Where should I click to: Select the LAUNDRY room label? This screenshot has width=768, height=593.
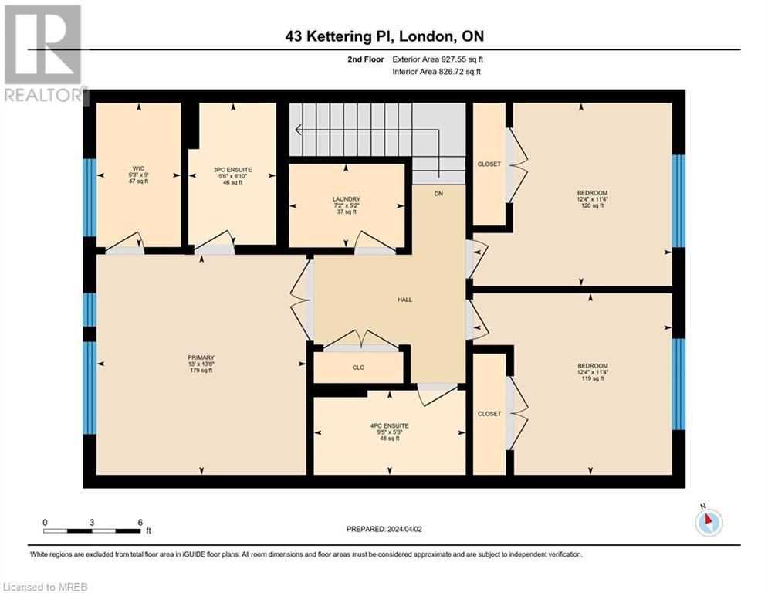[346, 199]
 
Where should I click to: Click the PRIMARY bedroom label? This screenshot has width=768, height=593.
[201, 357]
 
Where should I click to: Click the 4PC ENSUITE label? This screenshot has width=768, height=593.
[390, 425]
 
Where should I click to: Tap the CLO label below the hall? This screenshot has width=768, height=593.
[358, 368]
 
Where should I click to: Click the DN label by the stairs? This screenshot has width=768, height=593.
[438, 193]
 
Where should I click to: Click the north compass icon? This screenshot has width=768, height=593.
[708, 523]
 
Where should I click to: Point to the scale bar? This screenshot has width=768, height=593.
[92, 530]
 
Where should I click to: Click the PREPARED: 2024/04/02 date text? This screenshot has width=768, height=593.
[384, 529]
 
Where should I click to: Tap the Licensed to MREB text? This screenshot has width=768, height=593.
[45, 586]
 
